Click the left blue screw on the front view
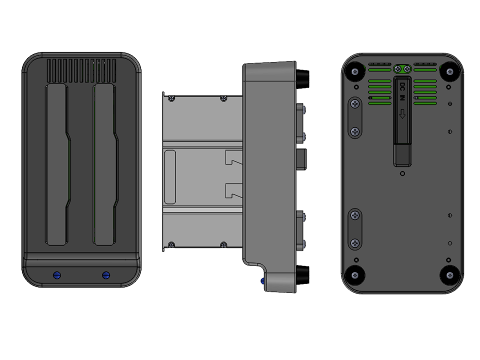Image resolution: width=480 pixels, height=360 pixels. click(x=57, y=275)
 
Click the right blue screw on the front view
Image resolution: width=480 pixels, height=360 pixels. click(x=106, y=275)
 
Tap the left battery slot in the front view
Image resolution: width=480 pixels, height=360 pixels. click(x=57, y=164)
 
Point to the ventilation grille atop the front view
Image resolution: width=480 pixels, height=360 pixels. click(x=81, y=70)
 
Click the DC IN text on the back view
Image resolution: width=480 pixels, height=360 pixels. click(x=402, y=91)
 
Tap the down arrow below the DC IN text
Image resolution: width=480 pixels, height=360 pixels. click(x=402, y=114)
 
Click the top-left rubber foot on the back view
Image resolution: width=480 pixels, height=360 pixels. click(x=355, y=71)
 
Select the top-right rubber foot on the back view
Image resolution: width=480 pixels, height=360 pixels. click(x=449, y=71)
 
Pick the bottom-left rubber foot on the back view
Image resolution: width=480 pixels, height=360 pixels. click(x=355, y=275)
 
